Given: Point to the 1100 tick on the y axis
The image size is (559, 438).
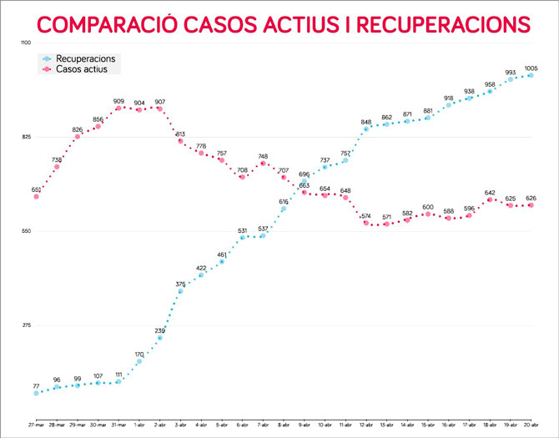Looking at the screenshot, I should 25,43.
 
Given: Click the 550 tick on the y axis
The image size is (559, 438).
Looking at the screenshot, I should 25,231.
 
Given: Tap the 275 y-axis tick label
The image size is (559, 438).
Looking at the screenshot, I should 25,325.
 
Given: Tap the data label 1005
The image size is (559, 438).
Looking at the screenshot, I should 531,68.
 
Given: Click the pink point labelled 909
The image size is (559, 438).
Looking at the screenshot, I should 118,108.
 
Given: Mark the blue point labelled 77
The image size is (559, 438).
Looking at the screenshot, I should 37,393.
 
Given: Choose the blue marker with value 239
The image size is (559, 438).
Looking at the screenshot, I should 159,338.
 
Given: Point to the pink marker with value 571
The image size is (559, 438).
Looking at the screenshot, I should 386,224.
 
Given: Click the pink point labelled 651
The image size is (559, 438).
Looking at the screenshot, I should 37,197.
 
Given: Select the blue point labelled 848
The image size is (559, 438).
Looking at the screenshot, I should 366,128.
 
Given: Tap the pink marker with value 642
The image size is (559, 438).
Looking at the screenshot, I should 490,199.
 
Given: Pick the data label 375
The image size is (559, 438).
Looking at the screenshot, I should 180,284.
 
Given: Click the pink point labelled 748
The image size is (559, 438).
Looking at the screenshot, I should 263,164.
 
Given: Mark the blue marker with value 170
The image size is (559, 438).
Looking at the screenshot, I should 139,361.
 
